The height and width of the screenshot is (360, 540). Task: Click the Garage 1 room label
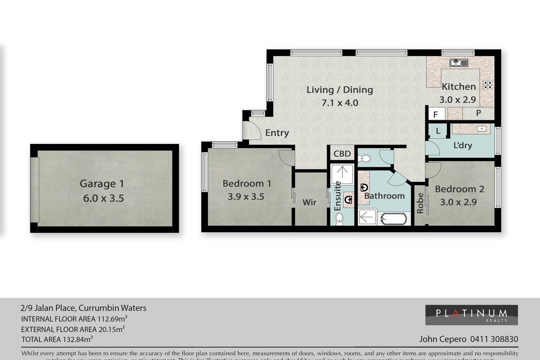(101, 184)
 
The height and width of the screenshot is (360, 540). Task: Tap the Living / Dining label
(339, 90)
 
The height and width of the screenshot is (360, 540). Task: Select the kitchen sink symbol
(459, 62)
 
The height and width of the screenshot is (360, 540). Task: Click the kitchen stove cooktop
(487, 84)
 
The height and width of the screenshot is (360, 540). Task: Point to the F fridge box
(435, 114)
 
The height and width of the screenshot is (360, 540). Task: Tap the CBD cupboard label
(342, 154)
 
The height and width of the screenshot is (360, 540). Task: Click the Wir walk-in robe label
(310, 202)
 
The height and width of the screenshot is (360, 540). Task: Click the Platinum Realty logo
(471, 315)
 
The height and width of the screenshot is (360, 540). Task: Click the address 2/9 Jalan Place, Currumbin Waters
(83, 308)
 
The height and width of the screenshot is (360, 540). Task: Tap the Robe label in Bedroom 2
(420, 203)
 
